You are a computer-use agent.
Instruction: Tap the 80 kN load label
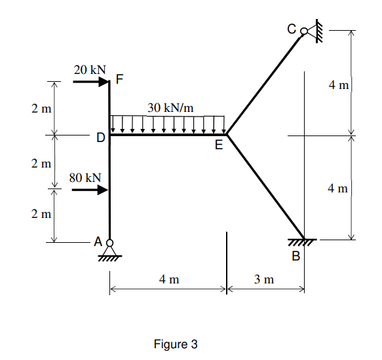point(85,177)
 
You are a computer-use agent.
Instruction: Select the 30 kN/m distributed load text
point(170,107)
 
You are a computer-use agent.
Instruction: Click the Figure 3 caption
point(175,344)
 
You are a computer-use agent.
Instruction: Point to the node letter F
point(119,81)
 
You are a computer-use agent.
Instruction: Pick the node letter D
point(100,138)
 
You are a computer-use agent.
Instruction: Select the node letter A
point(99,242)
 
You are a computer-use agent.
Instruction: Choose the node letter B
point(296,256)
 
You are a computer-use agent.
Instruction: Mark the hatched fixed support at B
point(305,243)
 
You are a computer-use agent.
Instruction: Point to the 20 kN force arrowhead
point(104,82)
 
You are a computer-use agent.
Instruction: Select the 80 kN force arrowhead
point(104,190)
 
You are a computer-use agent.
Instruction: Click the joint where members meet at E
point(226,135)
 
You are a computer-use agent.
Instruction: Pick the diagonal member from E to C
point(263,84)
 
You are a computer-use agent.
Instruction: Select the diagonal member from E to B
point(265,187)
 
